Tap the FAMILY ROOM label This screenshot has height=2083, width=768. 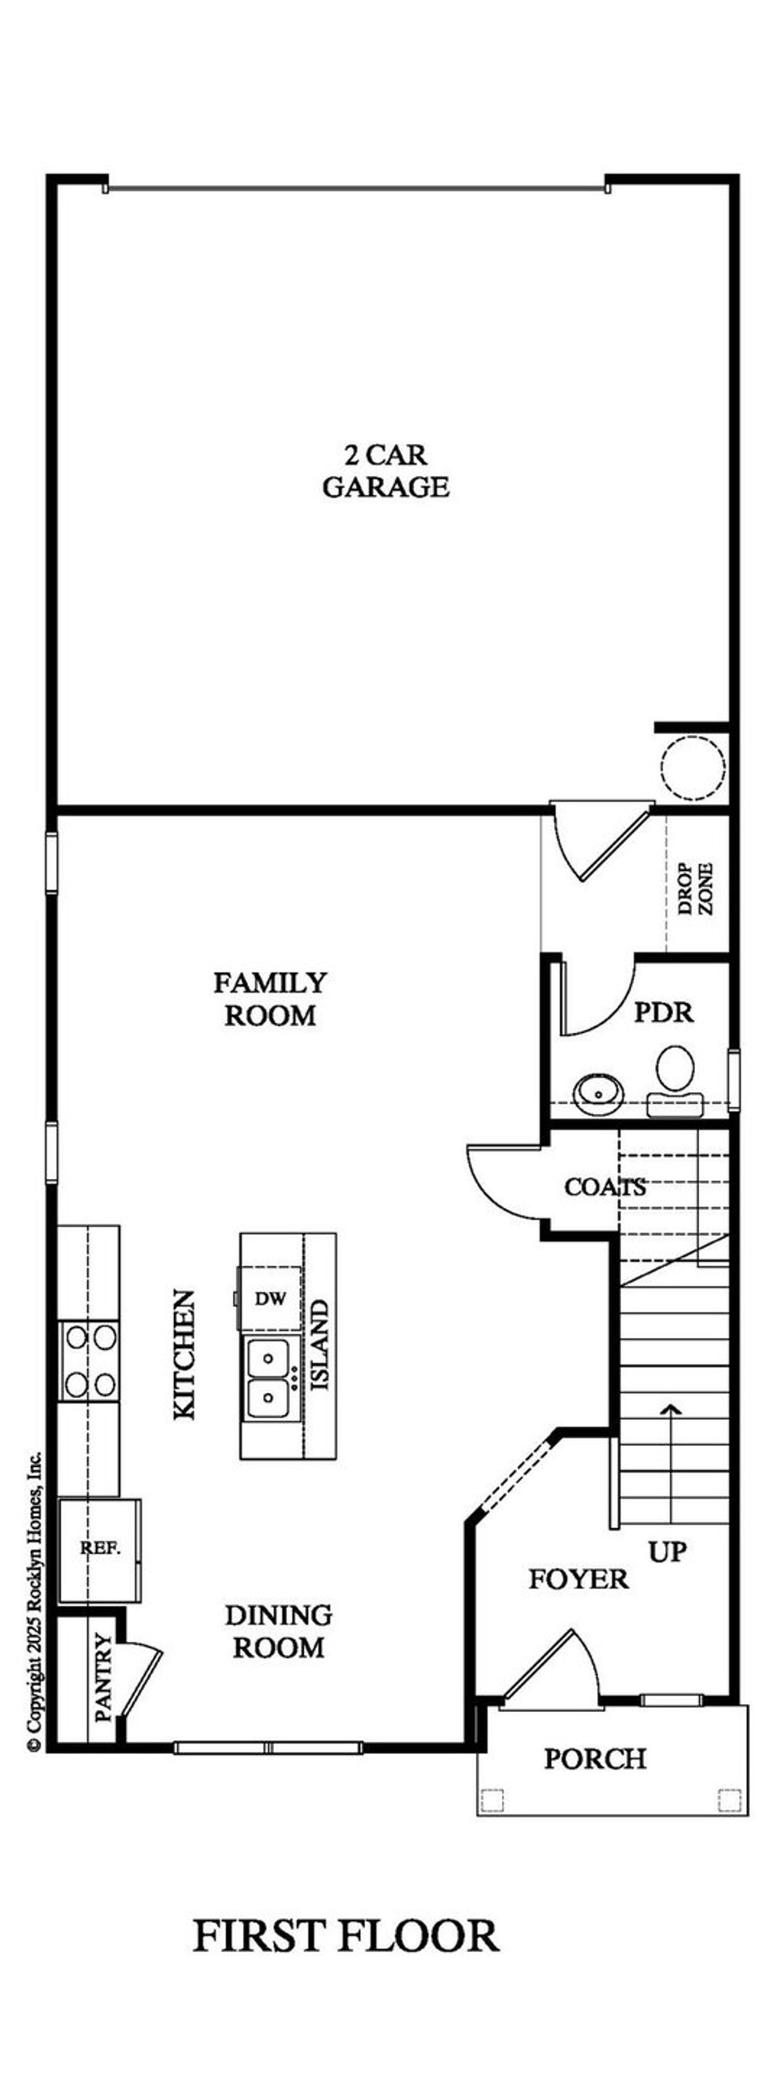[x=270, y=999]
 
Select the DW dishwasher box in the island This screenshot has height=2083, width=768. [x=270, y=1299]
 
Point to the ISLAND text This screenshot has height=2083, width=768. [x=321, y=1345]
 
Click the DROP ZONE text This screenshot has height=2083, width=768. [x=696, y=889]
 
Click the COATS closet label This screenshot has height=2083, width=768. [x=605, y=1187]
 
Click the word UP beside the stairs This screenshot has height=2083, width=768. [x=668, y=1551]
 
